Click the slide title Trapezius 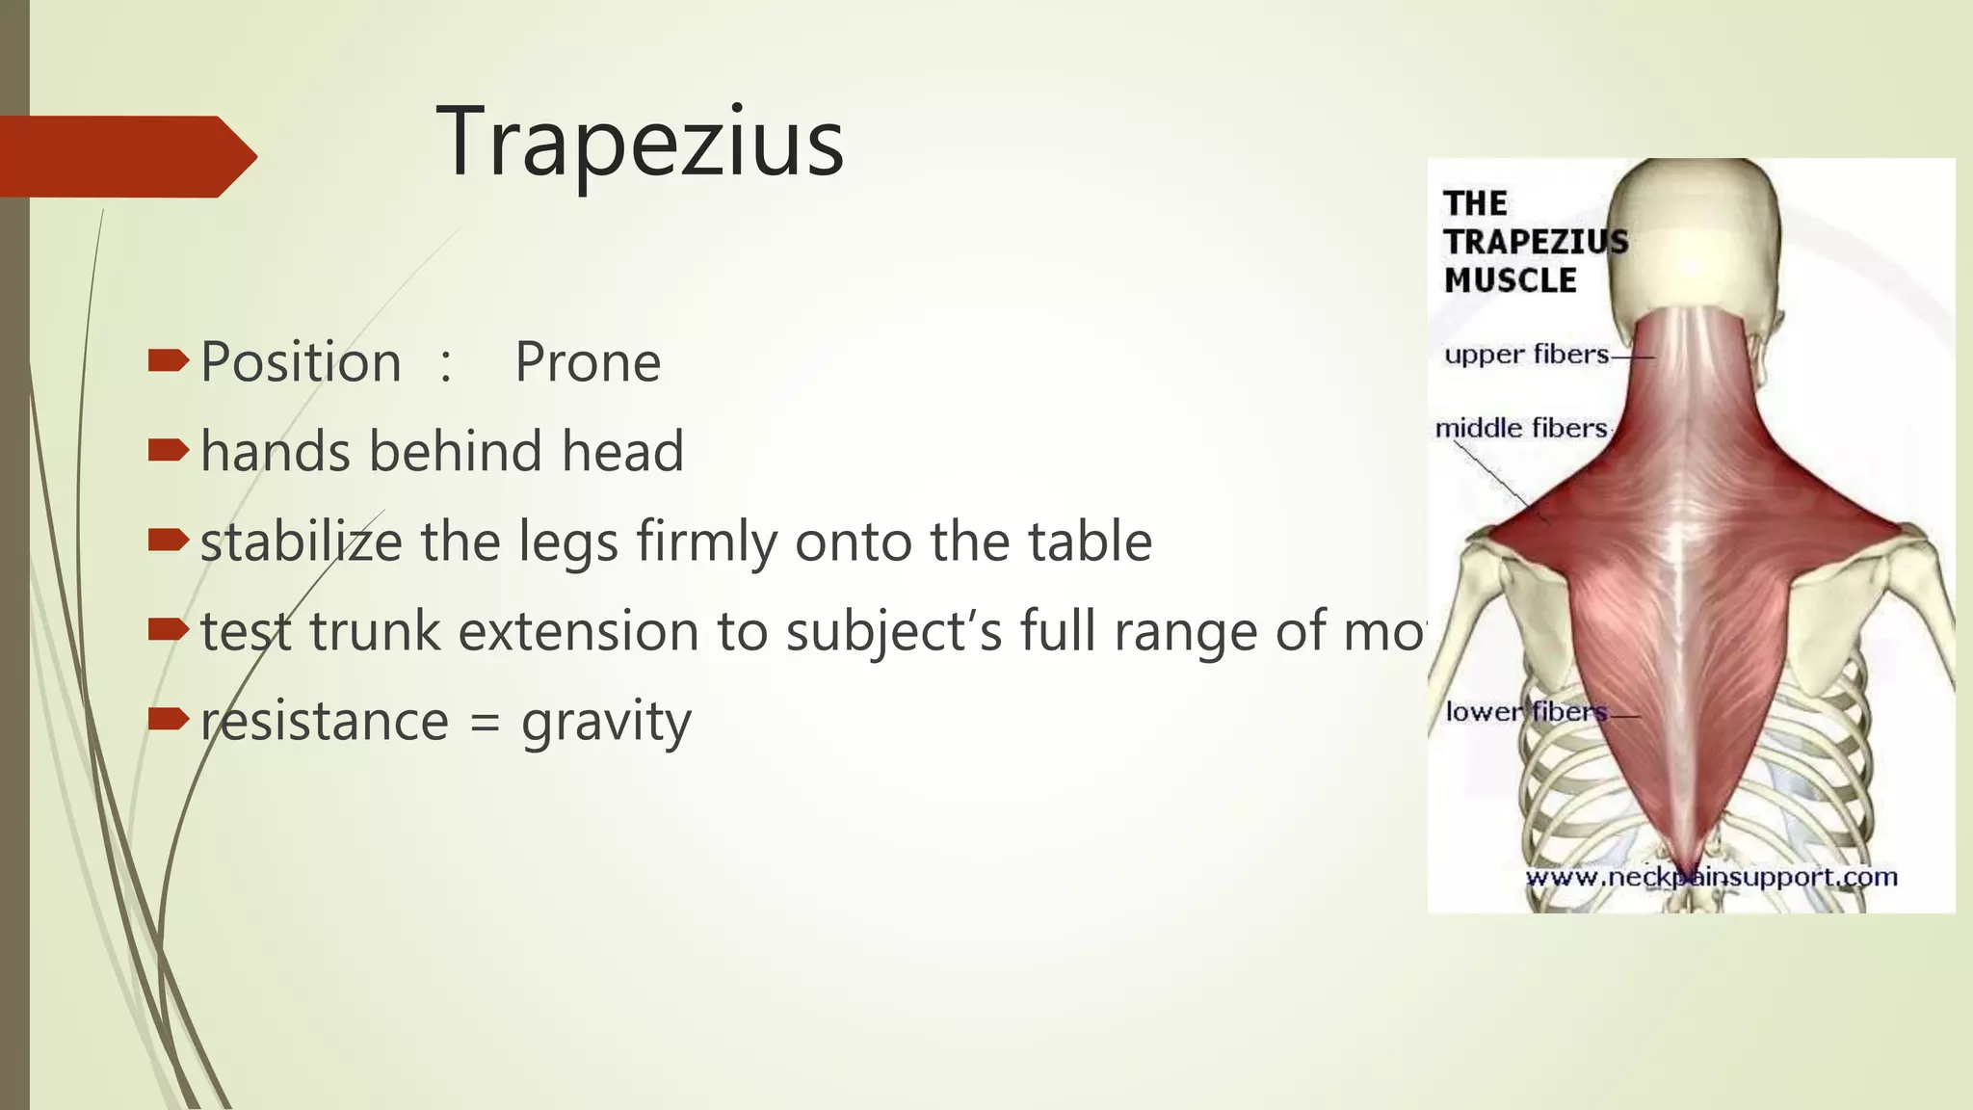pos(640,143)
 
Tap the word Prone pos(588,363)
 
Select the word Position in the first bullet pos(301,363)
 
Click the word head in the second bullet pos(622,451)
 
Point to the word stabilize pos(302,541)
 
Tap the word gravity pos(606,723)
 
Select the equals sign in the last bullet pos(485,723)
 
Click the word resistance pos(325,721)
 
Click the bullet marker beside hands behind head pos(168,450)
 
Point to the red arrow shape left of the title pos(125,156)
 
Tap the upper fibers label pos(1526,355)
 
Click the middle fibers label pos(1521,428)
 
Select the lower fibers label pos(1526,712)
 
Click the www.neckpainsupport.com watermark pos(1711,877)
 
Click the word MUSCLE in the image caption pos(1510,280)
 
